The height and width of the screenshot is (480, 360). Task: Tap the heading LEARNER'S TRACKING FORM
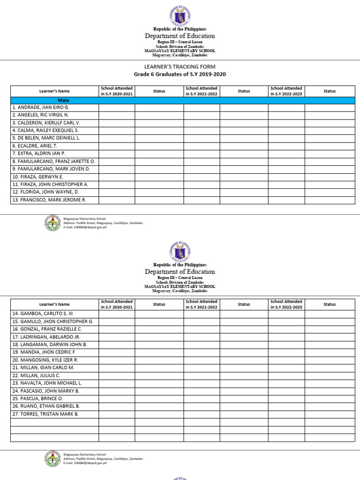[180, 67]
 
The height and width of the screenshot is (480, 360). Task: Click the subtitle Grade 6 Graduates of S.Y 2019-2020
[180, 75]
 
